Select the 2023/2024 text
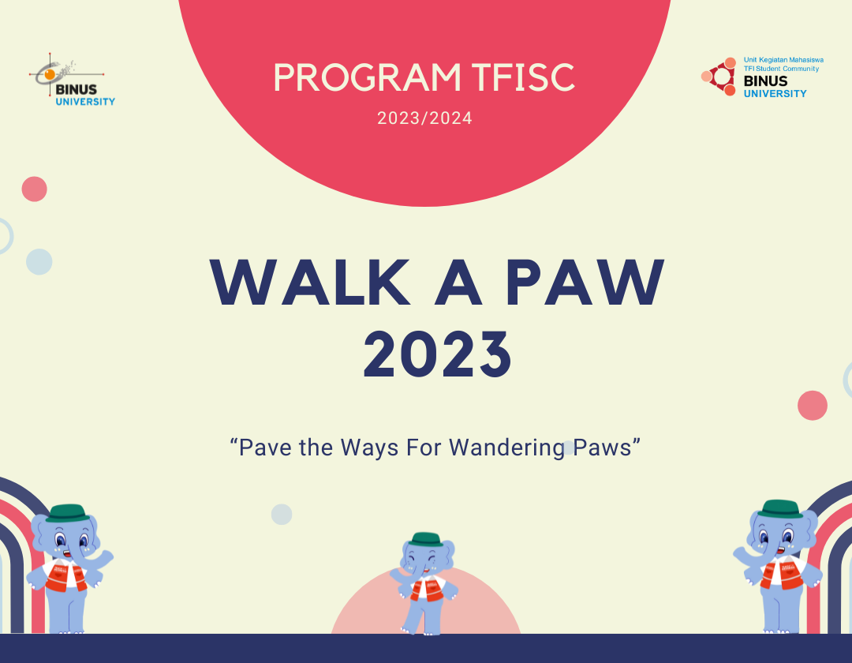pyautogui.click(x=424, y=119)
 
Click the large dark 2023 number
pyautogui.click(x=437, y=354)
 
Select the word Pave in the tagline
pyautogui.click(x=264, y=448)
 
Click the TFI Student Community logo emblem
pyautogui.click(x=719, y=77)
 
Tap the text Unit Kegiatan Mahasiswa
pyautogui.click(x=783, y=60)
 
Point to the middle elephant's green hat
pyautogui.click(x=426, y=538)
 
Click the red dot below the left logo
pyautogui.click(x=34, y=189)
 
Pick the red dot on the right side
pyautogui.click(x=813, y=405)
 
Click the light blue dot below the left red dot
pyautogui.click(x=39, y=261)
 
